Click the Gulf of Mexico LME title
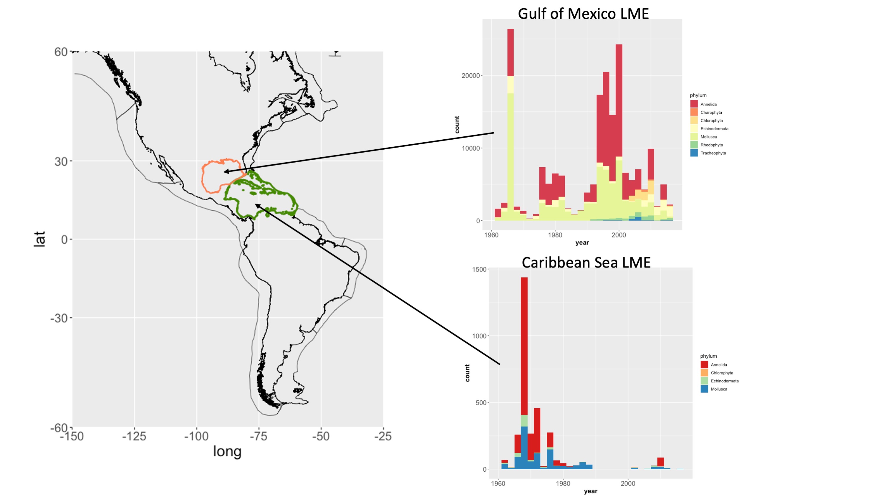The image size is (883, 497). (583, 14)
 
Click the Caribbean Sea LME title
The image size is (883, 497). (586, 263)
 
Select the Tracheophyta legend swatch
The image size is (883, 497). (694, 153)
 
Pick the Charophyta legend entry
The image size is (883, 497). (711, 113)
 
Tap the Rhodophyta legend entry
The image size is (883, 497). (711, 145)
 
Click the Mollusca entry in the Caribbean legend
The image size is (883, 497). (718, 389)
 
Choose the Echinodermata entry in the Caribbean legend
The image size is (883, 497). (724, 381)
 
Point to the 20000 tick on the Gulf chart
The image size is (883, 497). (470, 76)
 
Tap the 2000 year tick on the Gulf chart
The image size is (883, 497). (618, 235)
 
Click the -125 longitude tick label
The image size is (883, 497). (134, 437)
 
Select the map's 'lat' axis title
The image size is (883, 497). (40, 239)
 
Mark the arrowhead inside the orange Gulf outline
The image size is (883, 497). (226, 171)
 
